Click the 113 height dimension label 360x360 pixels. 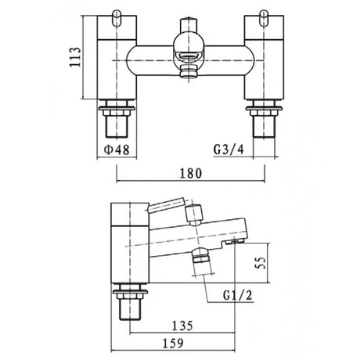pos(76,57)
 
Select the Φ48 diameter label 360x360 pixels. pos(117,150)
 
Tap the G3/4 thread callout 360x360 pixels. pos(229,149)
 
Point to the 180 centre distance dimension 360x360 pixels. pos(191,174)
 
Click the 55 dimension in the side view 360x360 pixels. pos(261,263)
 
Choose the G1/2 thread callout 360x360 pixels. pos(238,295)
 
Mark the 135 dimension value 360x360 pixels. pos(182,326)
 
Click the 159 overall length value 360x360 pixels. pos(173,344)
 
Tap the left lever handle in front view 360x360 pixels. pos(117,18)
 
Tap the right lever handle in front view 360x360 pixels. pos(264,18)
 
